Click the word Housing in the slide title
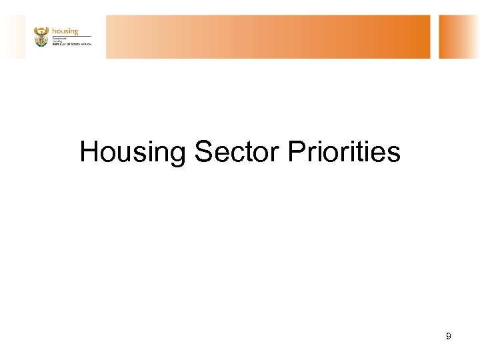pyautogui.click(x=133, y=152)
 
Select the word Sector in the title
pyautogui.click(x=237, y=152)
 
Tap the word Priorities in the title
pyautogui.click(x=344, y=152)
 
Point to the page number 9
pyautogui.click(x=449, y=337)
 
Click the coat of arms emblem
pyautogui.click(x=41, y=37)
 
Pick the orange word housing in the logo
pyautogui.click(x=65, y=31)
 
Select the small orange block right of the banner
pyautogui.click(x=459, y=37)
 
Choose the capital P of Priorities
pyautogui.click(x=297, y=152)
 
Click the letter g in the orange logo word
pyautogui.click(x=75, y=32)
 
